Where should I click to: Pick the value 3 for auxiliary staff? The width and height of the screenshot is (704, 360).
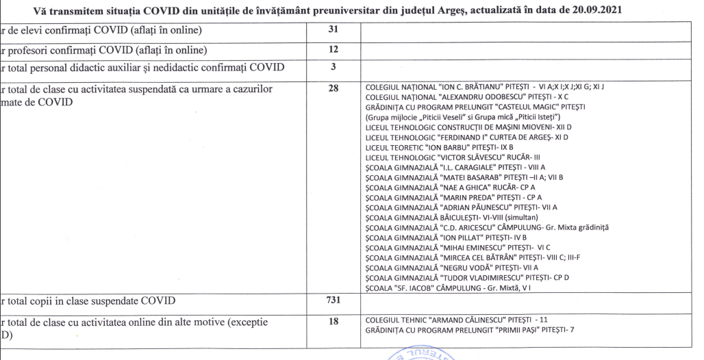tap(334, 67)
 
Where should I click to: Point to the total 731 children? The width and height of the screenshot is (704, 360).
tap(334, 301)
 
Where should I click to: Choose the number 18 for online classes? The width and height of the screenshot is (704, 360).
tap(334, 320)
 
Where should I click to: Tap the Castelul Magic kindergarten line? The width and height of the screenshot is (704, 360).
tap(480, 107)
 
